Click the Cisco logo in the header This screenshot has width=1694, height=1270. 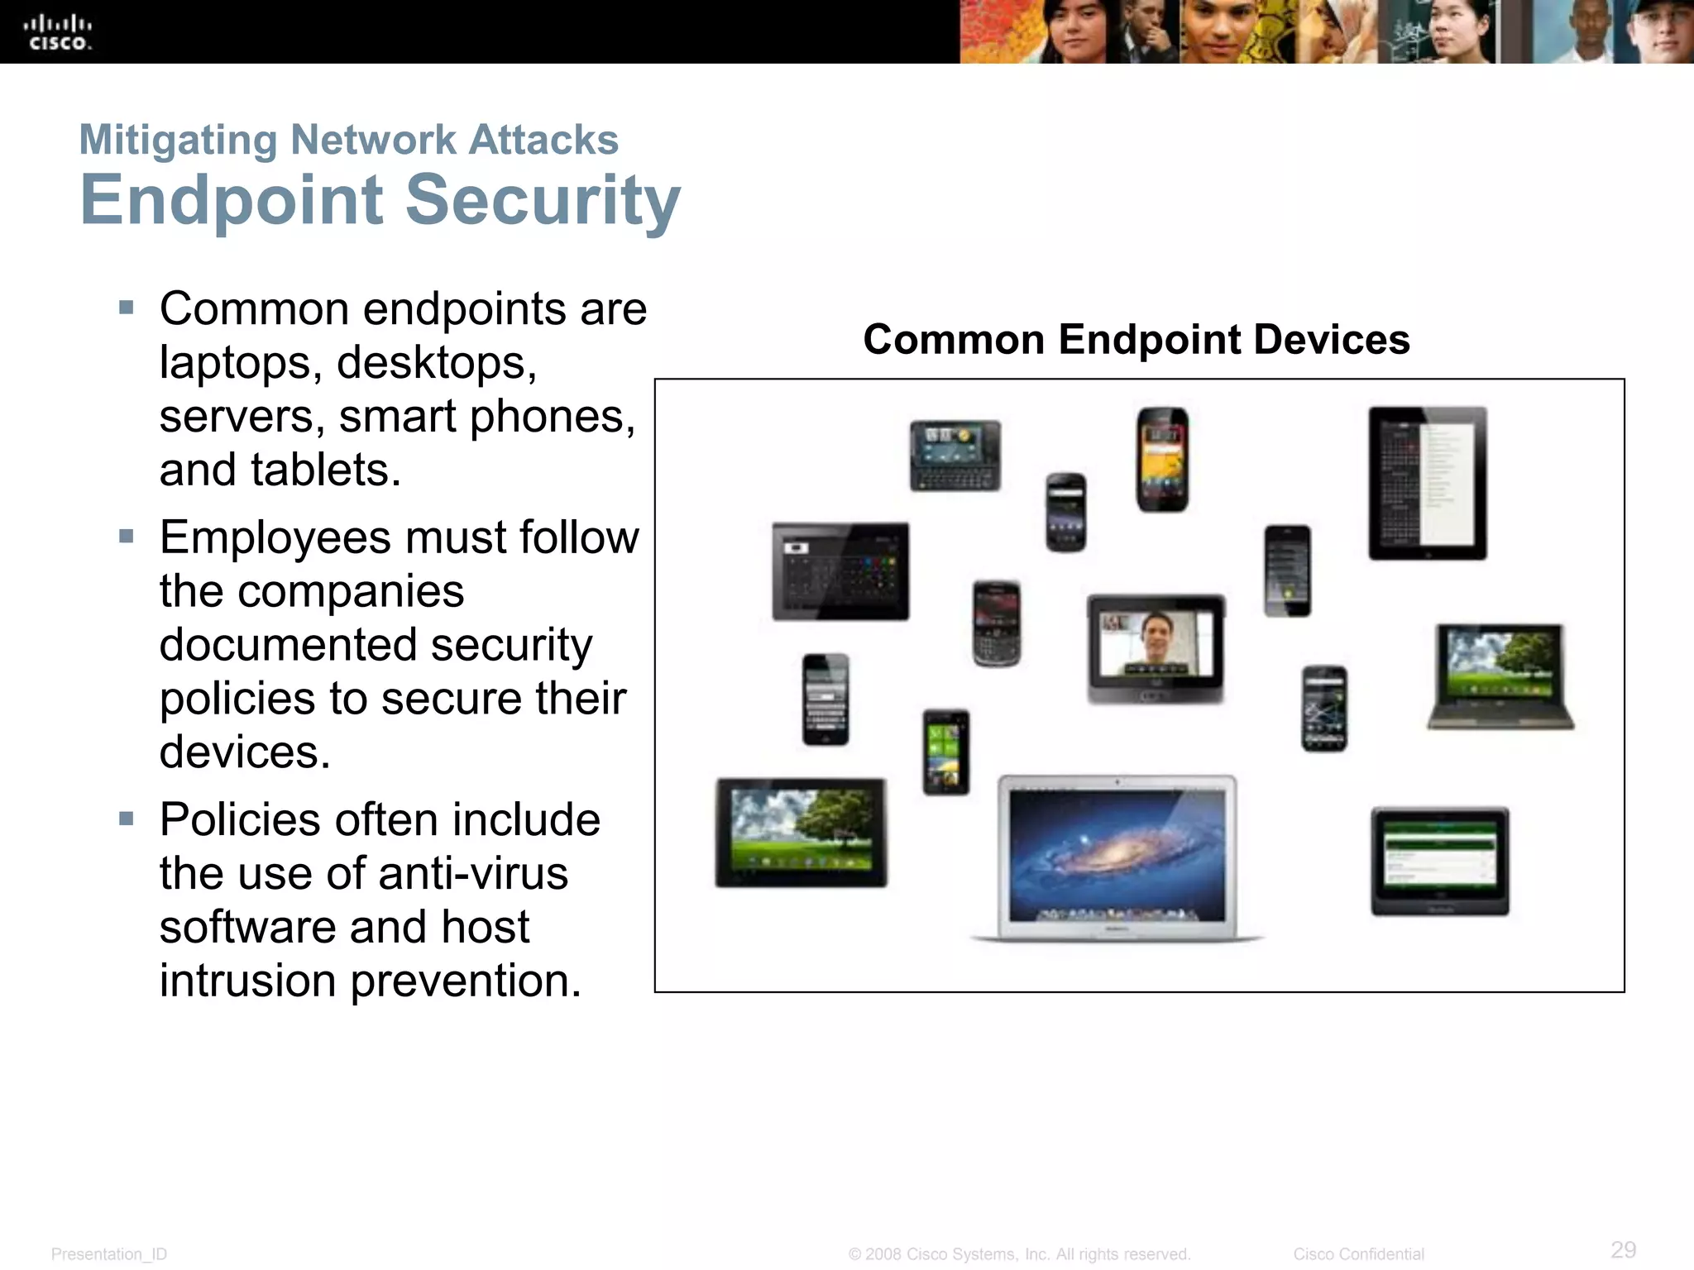pos(58,33)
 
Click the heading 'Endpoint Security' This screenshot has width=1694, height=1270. pos(380,200)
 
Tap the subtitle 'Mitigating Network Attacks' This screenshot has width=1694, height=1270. pos(348,140)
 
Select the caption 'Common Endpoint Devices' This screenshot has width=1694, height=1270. pos(1136,340)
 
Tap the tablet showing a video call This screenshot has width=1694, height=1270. pos(1156,648)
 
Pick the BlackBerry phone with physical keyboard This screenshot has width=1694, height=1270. pos(996,623)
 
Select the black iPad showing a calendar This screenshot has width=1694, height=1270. pos(1427,484)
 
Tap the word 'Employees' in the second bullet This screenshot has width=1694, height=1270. pos(275,538)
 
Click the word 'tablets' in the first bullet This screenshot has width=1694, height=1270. pos(318,470)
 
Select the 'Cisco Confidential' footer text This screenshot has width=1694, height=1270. pos(1358,1254)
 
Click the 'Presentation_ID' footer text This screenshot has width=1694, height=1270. pos(109,1254)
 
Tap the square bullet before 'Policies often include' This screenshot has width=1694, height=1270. pos(126,819)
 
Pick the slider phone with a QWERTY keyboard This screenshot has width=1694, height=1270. pos(955,456)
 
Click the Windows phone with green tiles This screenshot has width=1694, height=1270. pos(946,752)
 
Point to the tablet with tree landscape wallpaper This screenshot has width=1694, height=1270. pos(801,833)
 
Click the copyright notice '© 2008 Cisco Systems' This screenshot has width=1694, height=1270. pos(1019,1254)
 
